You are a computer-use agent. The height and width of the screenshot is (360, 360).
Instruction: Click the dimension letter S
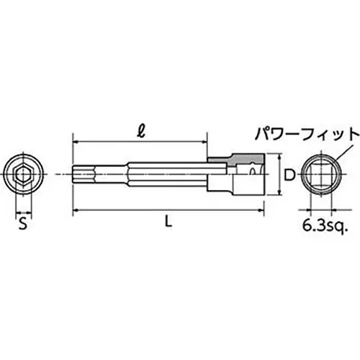24,225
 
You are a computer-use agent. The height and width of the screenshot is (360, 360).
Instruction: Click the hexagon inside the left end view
24,173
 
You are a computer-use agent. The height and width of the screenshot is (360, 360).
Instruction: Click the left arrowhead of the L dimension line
75,210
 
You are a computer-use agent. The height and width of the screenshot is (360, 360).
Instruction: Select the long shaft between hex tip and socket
144,174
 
